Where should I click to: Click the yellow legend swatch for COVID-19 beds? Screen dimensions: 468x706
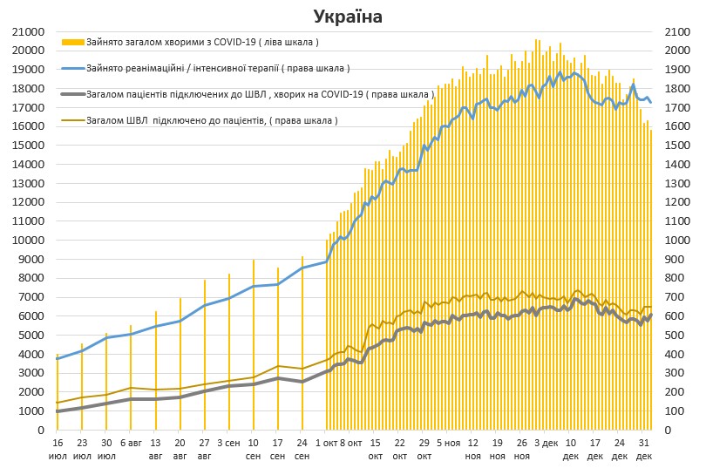click(x=73, y=41)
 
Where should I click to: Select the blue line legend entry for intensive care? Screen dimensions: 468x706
click(x=73, y=67)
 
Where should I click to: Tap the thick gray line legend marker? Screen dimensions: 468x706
click(x=73, y=93)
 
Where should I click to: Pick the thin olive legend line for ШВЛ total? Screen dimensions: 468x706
click(x=73, y=119)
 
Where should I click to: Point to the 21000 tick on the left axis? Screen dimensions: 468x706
click(x=31, y=31)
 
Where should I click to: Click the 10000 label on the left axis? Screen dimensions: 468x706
click(x=31, y=240)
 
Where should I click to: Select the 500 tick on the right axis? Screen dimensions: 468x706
click(x=675, y=335)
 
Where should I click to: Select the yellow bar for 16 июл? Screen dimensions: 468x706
click(x=58, y=392)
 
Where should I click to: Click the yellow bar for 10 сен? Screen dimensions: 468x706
click(x=254, y=344)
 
